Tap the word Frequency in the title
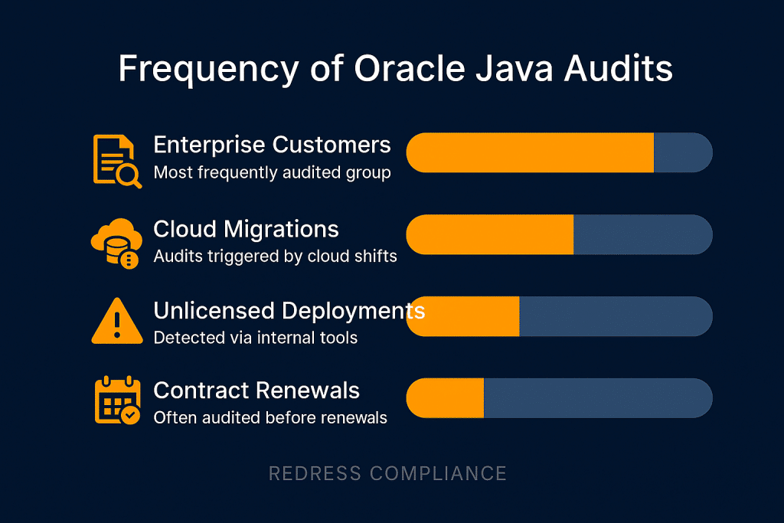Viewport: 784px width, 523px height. point(207,69)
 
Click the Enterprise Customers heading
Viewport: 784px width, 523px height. point(272,145)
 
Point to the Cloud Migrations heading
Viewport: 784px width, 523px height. point(246,229)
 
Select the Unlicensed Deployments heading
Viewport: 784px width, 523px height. point(289,310)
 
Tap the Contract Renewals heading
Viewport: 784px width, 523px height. point(256,391)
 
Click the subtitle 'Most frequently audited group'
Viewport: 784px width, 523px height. point(272,172)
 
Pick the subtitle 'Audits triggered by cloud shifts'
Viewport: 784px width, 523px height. point(275,256)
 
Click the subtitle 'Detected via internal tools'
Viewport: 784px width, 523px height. point(255,337)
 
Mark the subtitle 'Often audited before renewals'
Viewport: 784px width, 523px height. point(270,417)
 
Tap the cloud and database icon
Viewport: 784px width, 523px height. point(115,243)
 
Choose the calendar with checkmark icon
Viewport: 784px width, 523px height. point(116,400)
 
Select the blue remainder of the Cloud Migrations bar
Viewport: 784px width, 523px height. point(642,234)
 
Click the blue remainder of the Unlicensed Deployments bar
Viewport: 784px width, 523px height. point(615,316)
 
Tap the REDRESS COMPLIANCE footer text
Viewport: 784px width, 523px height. point(387,473)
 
